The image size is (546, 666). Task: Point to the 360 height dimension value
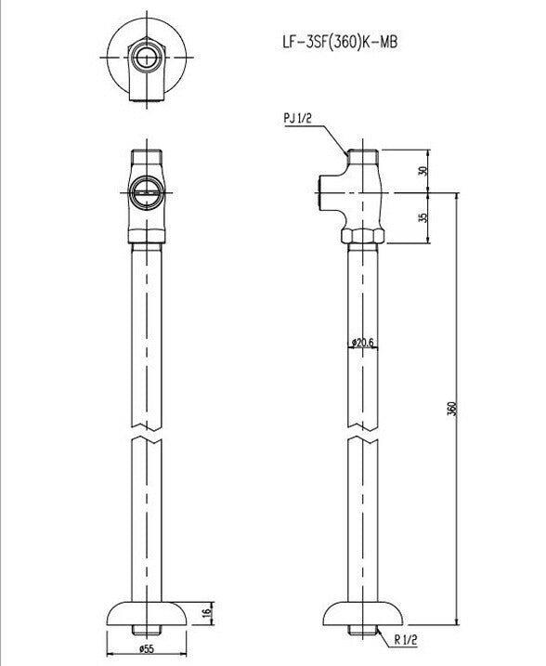450,409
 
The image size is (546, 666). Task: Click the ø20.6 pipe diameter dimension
362,343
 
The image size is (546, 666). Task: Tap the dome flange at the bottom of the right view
363,614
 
